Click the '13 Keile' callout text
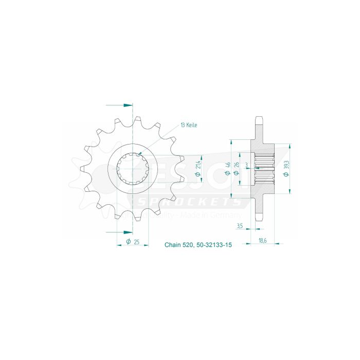[189, 125]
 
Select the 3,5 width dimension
[240, 225]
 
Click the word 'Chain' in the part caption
[173, 246]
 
